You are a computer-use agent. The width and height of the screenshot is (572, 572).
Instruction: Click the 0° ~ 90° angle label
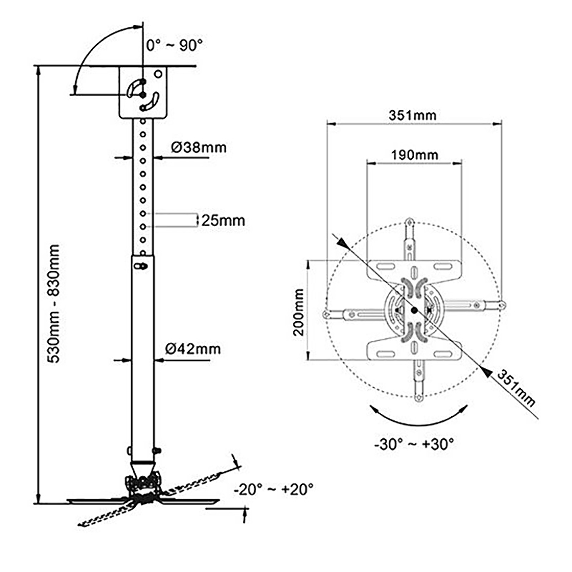pyautogui.click(x=174, y=45)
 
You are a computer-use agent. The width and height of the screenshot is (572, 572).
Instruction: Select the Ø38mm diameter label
pyautogui.click(x=198, y=147)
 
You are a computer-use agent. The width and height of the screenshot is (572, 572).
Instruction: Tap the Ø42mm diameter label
pyautogui.click(x=193, y=349)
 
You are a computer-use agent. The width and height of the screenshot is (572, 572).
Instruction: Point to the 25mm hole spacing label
pyautogui.click(x=223, y=221)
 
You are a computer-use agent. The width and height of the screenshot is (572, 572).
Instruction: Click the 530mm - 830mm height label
pyautogui.click(x=54, y=304)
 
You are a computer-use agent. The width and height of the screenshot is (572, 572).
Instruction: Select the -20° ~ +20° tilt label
pyautogui.click(x=273, y=489)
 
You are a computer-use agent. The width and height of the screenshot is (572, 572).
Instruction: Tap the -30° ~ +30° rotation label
pyautogui.click(x=414, y=444)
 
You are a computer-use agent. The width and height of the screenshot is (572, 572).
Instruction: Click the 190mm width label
pyautogui.click(x=414, y=155)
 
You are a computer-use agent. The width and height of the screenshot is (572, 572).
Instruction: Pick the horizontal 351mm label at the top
pyautogui.click(x=413, y=115)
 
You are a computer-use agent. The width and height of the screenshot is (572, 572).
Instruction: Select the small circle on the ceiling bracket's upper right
pyautogui.click(x=158, y=74)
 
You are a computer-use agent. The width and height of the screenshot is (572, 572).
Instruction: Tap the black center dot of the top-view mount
pyautogui.click(x=414, y=310)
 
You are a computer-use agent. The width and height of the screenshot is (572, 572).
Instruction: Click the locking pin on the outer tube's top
pyautogui.click(x=142, y=266)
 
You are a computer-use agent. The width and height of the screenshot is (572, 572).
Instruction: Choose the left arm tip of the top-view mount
pyautogui.click(x=326, y=315)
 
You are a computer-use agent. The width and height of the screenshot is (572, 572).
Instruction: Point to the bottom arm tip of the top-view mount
pyautogui.click(x=418, y=398)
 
